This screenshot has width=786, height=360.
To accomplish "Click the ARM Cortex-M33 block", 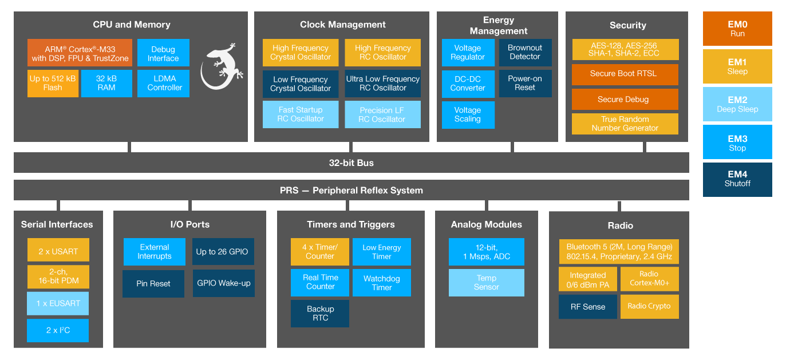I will pos(80,53).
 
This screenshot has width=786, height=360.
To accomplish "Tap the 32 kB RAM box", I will pos(106,84).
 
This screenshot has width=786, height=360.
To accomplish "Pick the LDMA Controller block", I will pos(163,84).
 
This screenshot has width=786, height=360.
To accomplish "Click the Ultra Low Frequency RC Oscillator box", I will pos(382,84).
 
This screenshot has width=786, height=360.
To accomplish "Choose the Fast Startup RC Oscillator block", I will pos(300,114).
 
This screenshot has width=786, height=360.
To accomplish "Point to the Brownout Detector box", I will pos(525,53).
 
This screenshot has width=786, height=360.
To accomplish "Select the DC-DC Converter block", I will pos(468,84).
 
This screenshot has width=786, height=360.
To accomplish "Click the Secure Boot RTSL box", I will pos(625,74).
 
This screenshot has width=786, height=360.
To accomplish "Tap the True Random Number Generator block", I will pos(625,124).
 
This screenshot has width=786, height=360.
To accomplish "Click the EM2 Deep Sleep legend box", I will pos(737,104).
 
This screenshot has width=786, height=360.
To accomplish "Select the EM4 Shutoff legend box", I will pos(737,179).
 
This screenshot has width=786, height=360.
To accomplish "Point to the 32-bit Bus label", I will pos(351,163).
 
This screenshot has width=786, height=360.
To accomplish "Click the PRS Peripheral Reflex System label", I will pos(351,190).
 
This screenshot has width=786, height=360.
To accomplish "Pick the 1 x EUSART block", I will pos(58,303).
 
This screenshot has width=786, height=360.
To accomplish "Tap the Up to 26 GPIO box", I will pos(223,252).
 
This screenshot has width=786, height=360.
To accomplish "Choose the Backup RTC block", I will pos(320,313).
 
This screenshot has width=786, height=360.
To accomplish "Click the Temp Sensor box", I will pos(486,283).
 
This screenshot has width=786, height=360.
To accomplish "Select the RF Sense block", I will pos(587,307).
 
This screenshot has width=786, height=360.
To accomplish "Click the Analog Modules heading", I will pos(486,224).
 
